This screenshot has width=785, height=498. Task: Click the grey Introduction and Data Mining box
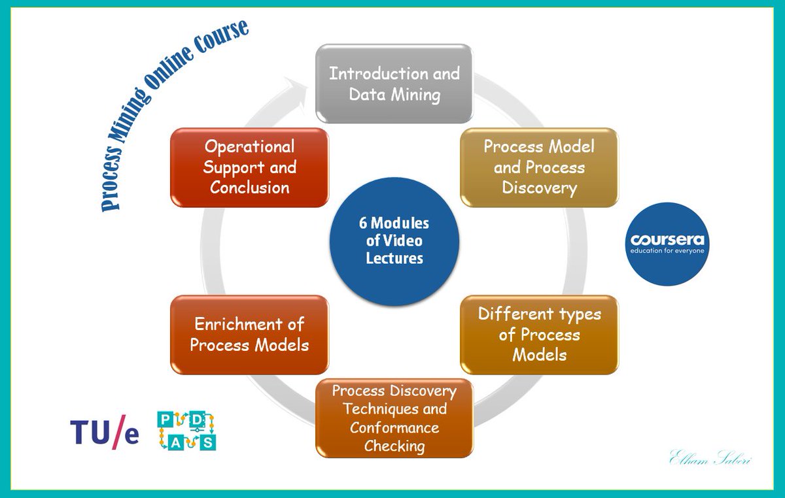click(394, 83)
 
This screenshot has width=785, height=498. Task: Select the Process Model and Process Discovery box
click(539, 167)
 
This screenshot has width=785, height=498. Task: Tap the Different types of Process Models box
click(539, 334)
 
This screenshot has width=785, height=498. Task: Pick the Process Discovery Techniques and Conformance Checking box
click(394, 418)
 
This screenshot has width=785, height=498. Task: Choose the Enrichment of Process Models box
click(249, 334)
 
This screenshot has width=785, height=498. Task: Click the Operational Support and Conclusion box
click(249, 167)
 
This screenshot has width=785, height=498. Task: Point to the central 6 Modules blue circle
click(394, 241)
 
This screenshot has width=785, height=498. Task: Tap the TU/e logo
click(105, 432)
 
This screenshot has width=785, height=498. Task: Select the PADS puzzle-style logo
click(187, 431)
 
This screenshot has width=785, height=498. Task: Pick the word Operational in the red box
click(249, 146)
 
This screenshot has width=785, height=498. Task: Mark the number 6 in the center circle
click(362, 223)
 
